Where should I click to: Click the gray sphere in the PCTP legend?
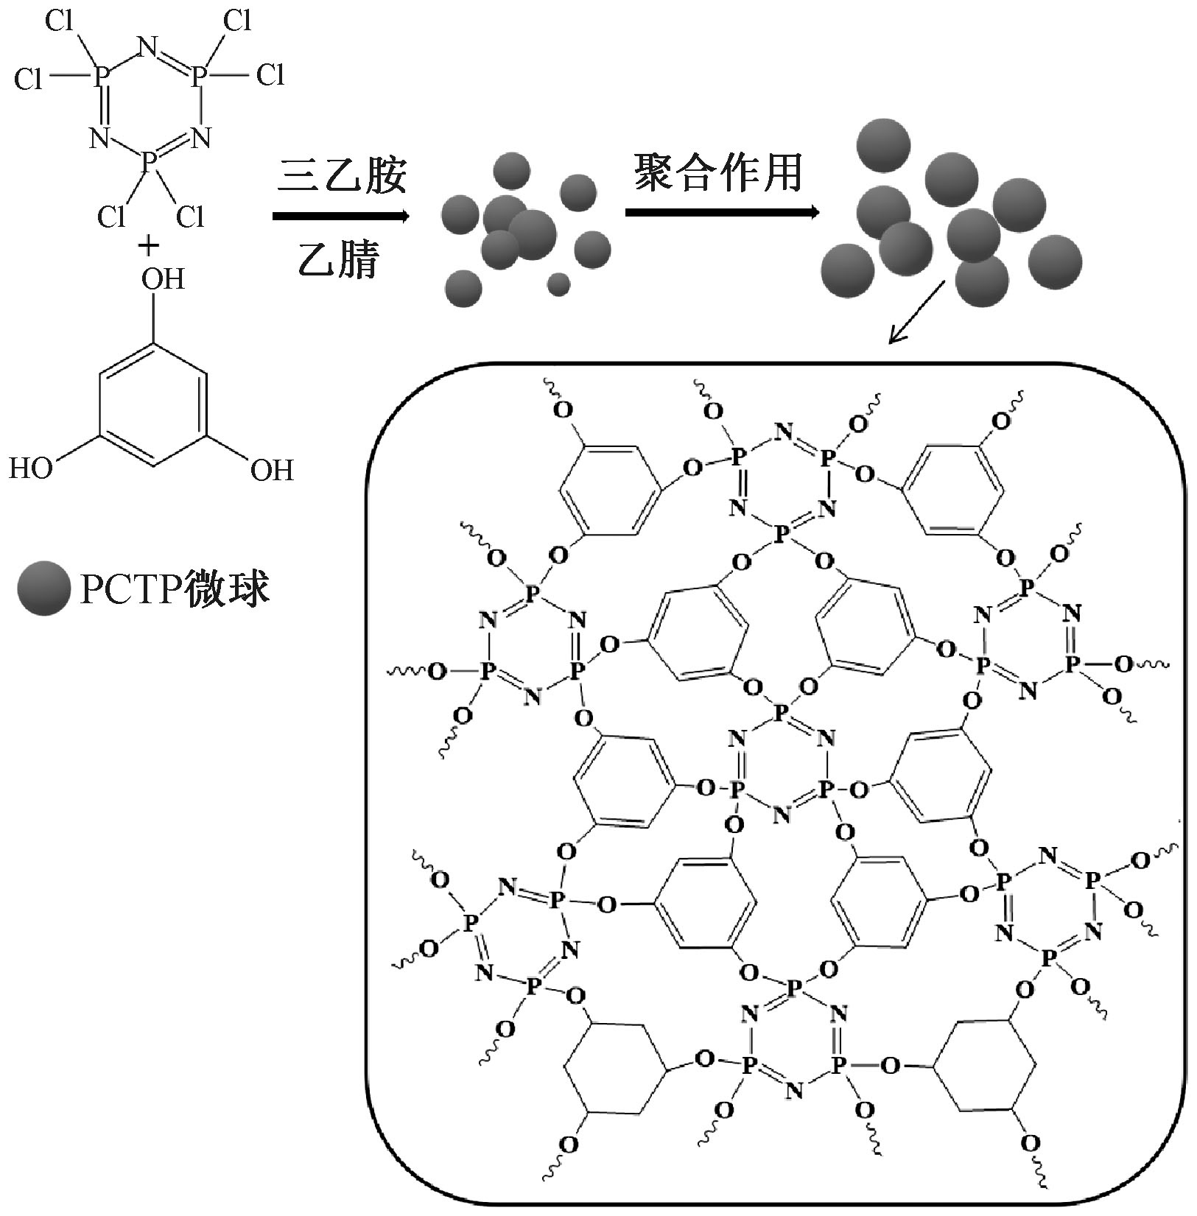[x=44, y=588]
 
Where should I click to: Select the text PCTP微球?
[x=175, y=588]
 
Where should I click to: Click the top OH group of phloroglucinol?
[x=162, y=279]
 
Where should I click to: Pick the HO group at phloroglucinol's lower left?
[x=31, y=469]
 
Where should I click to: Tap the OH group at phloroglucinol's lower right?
[x=272, y=470]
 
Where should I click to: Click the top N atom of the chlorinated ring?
[x=147, y=49]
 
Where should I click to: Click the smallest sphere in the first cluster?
[x=559, y=284]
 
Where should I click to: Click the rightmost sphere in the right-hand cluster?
[x=1055, y=261]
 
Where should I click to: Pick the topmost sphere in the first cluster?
[x=511, y=172]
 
